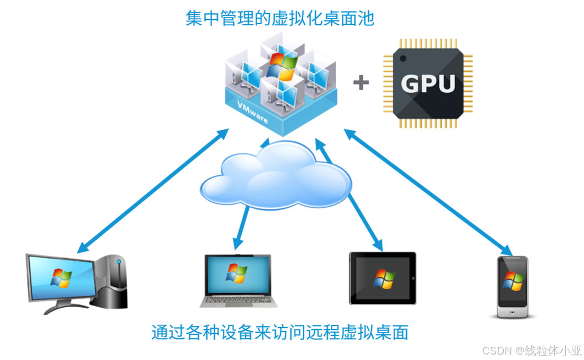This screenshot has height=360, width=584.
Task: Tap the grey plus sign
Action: pos(361,83)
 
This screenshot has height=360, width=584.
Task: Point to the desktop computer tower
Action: pos(113,283)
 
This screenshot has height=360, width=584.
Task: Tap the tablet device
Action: pos(382,278)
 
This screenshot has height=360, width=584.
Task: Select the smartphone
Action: pos(513,286)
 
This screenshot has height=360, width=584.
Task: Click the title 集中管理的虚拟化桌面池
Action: pos(280,19)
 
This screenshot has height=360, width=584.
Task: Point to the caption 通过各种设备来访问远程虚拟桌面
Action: pos(280,333)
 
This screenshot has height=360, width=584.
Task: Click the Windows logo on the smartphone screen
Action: pos(513,281)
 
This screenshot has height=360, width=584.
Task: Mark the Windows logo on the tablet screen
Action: pos(383,278)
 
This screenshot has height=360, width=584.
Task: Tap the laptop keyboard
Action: pos(238,299)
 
